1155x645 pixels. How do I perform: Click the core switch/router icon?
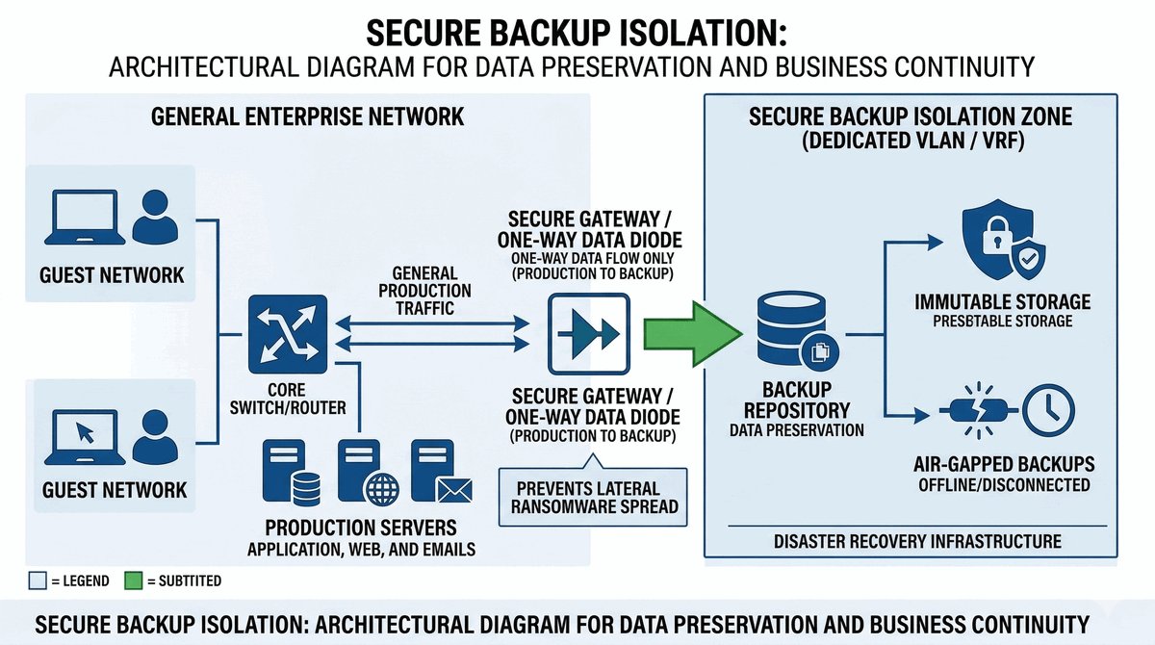(x=290, y=333)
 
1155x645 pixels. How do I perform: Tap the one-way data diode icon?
(x=588, y=333)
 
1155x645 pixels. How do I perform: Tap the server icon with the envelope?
(x=434, y=473)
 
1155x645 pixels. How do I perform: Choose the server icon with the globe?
(x=361, y=473)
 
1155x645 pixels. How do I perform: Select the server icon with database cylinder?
(x=290, y=473)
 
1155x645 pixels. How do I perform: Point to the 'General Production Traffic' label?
(x=425, y=291)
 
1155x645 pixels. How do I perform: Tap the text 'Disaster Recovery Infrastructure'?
(x=917, y=541)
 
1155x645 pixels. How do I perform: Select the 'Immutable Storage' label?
(x=1002, y=302)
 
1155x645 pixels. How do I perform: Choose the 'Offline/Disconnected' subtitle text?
(x=1002, y=484)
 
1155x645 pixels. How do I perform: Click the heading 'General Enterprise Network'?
(x=308, y=117)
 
